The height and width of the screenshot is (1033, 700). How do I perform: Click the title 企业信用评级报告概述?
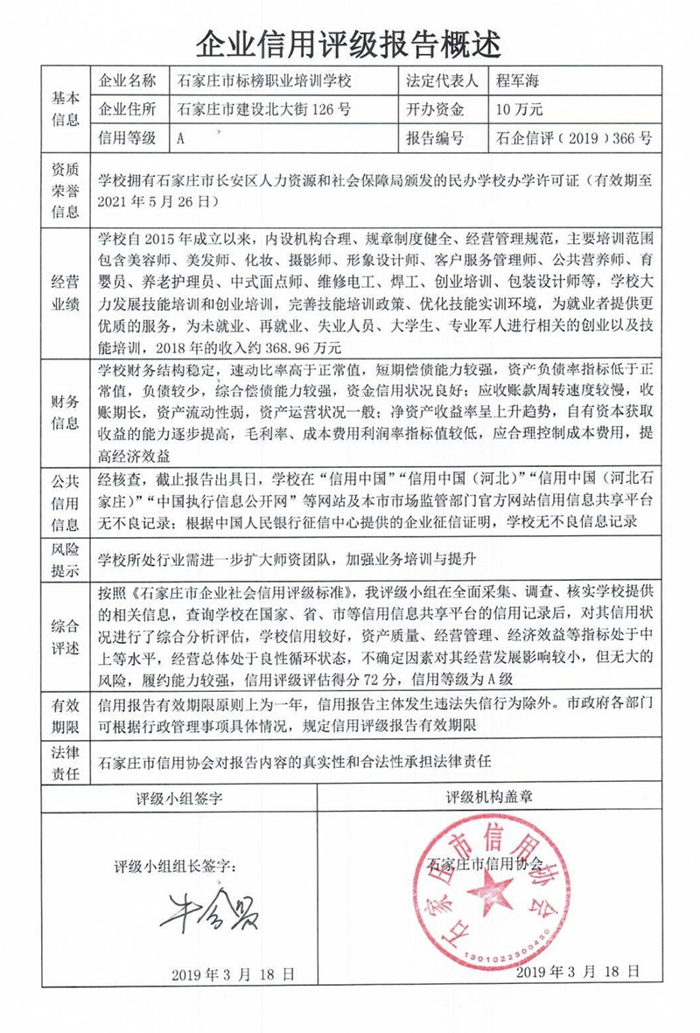pyautogui.click(x=350, y=39)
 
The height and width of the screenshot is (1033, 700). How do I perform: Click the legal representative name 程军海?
pyautogui.click(x=522, y=81)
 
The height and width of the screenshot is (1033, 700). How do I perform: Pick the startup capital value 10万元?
pyautogui.click(x=520, y=109)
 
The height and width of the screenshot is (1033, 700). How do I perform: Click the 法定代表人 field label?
pyautogui.click(x=442, y=81)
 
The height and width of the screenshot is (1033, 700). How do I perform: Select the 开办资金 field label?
pyautogui.click(x=435, y=109)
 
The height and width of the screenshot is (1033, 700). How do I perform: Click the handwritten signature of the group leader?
pyautogui.click(x=208, y=912)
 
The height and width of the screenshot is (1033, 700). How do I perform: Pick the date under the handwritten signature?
pyautogui.click(x=233, y=974)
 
